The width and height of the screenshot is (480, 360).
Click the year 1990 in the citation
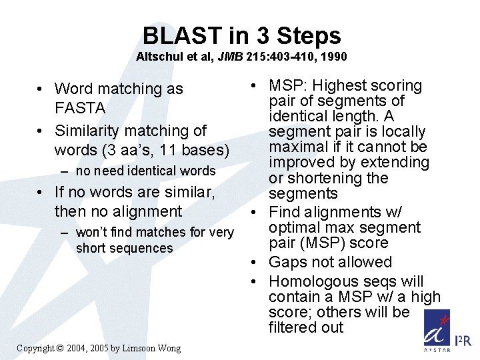click(x=333, y=57)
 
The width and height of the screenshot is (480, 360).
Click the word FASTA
click(x=80, y=108)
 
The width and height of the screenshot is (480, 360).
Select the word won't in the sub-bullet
click(x=91, y=233)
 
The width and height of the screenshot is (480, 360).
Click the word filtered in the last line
click(x=294, y=327)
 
